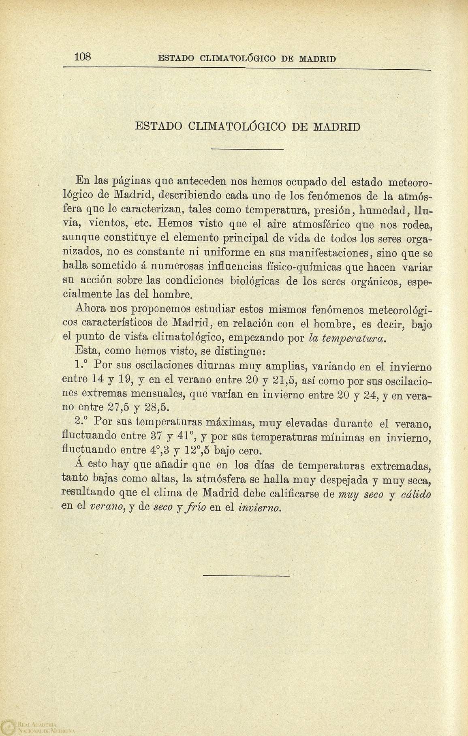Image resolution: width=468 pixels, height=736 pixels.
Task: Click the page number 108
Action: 84,56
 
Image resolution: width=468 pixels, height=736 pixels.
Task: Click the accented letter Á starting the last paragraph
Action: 79,464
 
